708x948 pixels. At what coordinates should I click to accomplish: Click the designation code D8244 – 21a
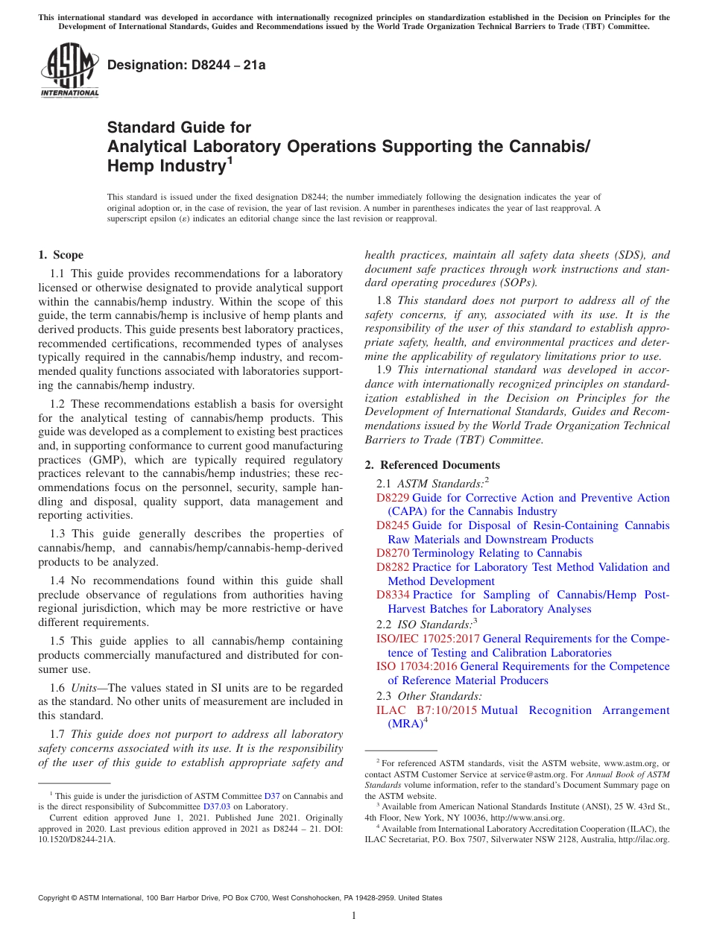click(x=186, y=65)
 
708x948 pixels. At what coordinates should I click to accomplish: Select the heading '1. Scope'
click(x=61, y=255)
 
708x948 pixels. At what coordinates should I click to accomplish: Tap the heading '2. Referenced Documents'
click(x=432, y=465)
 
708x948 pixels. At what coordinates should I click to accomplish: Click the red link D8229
click(x=393, y=498)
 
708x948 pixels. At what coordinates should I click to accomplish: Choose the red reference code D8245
click(x=393, y=525)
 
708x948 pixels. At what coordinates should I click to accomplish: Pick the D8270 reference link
click(x=393, y=553)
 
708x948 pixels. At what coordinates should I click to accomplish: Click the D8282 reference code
click(x=393, y=567)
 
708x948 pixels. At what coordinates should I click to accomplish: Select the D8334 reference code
click(x=393, y=595)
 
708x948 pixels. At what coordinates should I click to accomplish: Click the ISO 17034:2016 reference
click(x=417, y=666)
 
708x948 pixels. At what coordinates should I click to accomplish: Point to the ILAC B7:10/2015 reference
click(x=426, y=710)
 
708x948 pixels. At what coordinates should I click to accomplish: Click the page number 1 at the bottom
click(x=354, y=916)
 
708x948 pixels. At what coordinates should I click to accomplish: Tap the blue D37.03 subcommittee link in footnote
click(x=217, y=806)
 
